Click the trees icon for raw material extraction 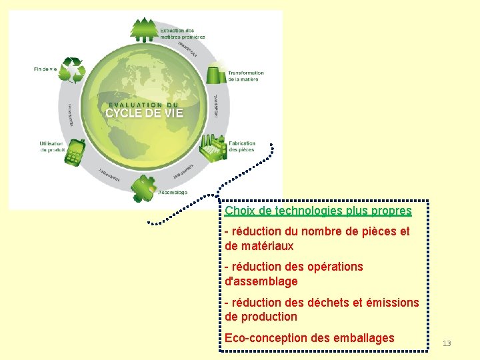pos(145,30)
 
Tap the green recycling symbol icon pos(72,69)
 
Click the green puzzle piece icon pos(143,188)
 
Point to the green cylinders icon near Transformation pos(215,73)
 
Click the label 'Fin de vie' pos(45,68)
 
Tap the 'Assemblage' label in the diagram pos(173,193)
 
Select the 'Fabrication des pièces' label pos(242,147)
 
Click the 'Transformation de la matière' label pos(245,76)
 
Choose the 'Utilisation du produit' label pos(51,147)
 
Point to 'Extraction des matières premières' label pos(182,33)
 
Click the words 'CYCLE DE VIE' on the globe pos(144,113)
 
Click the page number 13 pos(447,343)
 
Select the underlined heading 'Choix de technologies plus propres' pos(318,211)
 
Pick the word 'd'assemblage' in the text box pos(261,281)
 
